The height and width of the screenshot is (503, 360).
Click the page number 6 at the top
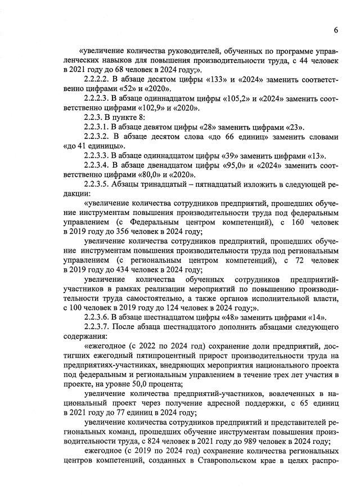[x=335, y=30]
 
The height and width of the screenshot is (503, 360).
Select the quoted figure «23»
[x=294, y=127]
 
